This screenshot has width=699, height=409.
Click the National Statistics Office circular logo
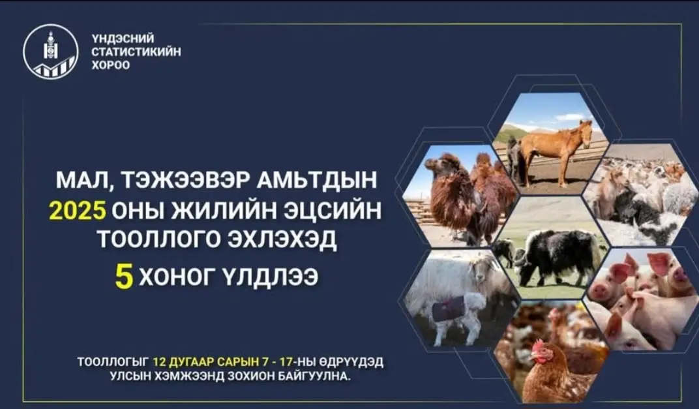(50, 52)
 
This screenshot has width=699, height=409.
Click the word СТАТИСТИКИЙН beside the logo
(136, 52)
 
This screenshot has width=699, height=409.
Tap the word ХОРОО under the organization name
(111, 65)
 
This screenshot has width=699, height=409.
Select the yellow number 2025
(78, 211)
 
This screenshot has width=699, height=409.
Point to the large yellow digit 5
(124, 277)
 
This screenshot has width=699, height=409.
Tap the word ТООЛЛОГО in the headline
(159, 239)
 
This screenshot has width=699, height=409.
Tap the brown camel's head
(434, 164)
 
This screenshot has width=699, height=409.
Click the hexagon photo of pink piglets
(641, 299)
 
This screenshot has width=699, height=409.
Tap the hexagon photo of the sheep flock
(640, 194)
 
